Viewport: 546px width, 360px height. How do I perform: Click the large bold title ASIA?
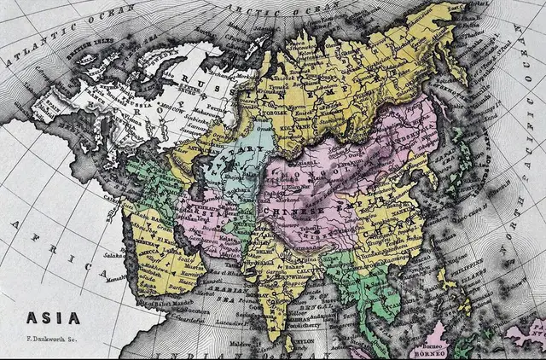tap(53, 318)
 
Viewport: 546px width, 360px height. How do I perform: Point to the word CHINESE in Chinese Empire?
tap(295, 210)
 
